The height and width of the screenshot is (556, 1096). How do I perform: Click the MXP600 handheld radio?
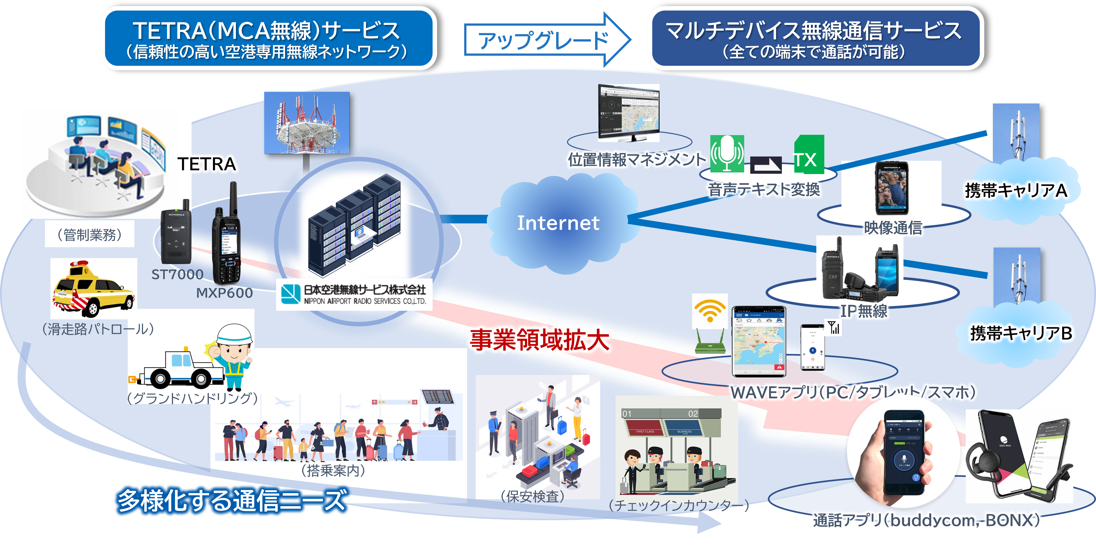point(227,239)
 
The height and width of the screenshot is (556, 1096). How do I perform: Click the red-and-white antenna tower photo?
point(307,123)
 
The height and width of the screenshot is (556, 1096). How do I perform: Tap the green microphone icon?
point(727,154)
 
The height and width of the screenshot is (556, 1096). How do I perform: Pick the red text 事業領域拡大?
point(540,340)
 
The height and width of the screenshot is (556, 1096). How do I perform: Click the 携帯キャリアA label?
point(1016,190)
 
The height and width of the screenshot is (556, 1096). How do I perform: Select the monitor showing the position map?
point(628,112)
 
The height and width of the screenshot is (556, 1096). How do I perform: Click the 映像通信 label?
point(893,228)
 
